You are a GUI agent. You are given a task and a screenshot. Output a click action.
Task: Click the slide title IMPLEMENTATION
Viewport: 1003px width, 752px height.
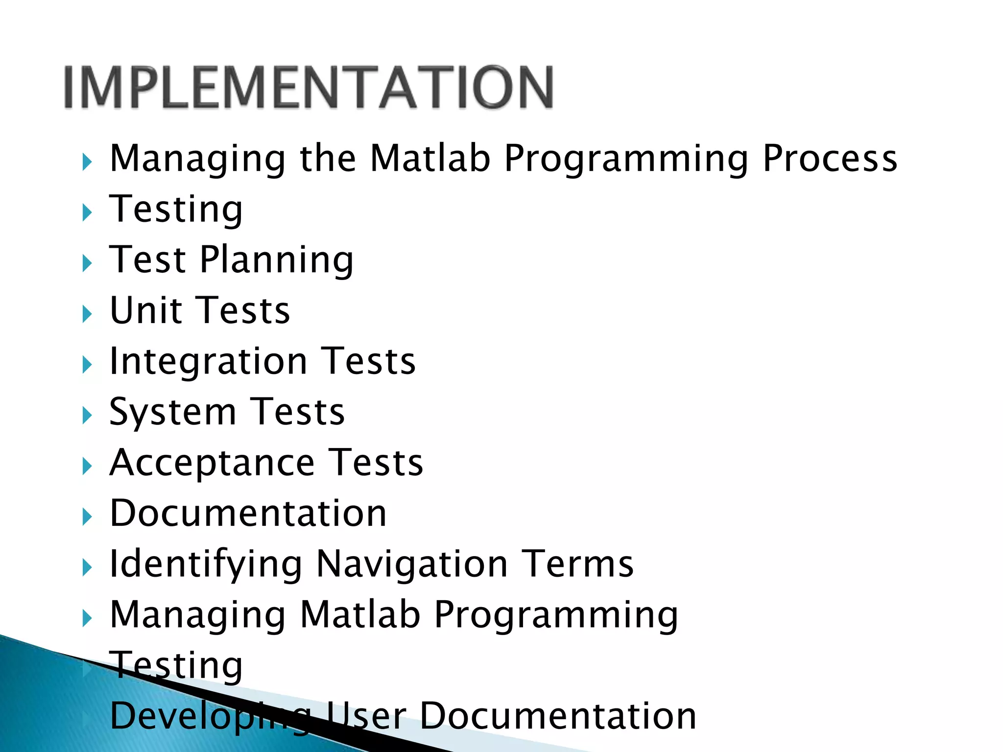coord(309,87)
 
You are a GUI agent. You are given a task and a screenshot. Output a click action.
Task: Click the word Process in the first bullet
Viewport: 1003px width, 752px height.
coord(830,159)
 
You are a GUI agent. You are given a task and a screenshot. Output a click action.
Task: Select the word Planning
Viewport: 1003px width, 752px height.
coord(276,260)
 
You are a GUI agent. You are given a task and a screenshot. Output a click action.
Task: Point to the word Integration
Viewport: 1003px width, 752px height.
coord(208,362)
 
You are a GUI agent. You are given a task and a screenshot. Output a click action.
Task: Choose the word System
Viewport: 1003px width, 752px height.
coord(172,412)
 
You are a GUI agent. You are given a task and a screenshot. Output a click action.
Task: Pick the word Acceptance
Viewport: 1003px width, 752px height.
coord(212,463)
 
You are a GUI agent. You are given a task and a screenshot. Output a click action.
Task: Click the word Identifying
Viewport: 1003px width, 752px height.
coord(206,564)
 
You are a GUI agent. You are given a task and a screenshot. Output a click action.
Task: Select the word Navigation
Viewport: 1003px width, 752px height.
coord(412,564)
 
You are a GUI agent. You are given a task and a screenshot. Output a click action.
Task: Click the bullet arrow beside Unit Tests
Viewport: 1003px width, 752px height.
coord(87,314)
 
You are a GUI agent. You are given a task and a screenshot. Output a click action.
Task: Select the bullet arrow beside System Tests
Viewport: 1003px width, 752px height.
coord(87,416)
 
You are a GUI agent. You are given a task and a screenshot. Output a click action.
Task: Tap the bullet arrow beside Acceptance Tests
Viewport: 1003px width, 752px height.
coord(87,467)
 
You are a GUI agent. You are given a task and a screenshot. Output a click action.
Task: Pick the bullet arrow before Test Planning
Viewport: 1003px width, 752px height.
coord(87,263)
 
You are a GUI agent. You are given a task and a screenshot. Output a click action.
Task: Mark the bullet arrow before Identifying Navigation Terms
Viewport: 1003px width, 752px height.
coord(87,568)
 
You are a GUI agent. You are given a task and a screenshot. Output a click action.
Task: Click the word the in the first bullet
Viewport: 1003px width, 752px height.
coord(328,159)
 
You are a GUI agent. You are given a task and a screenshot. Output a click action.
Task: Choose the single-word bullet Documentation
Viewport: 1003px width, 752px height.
coord(248,514)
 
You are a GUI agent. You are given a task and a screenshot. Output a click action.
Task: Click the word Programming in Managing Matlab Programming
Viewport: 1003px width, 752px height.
coord(556,615)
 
